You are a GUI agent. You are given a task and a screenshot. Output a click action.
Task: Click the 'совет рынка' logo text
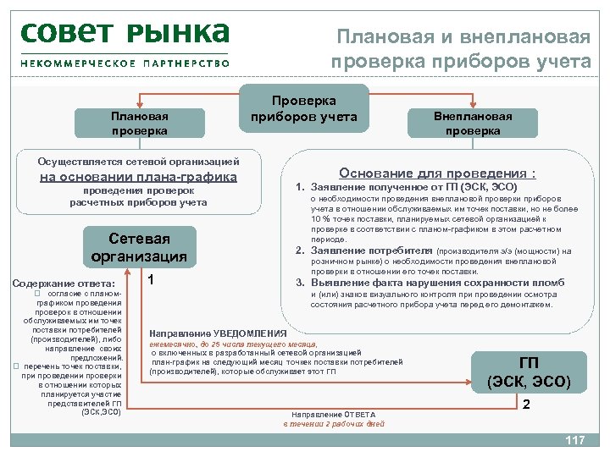(124, 33)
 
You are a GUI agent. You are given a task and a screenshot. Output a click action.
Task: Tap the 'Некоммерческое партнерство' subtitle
(125, 63)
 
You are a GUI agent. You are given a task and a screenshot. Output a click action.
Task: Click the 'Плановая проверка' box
(140, 123)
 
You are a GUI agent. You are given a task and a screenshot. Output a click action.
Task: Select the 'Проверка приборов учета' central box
(303, 109)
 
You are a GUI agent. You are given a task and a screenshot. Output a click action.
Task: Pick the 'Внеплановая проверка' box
(473, 123)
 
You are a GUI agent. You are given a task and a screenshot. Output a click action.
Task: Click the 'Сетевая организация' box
(140, 246)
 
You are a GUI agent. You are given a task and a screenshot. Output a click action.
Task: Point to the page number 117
(575, 440)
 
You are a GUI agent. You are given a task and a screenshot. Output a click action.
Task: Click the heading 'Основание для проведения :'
(437, 169)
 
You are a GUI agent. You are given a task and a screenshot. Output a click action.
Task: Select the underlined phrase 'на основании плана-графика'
(139, 177)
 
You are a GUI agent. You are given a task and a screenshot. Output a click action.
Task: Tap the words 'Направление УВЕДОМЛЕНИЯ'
(218, 333)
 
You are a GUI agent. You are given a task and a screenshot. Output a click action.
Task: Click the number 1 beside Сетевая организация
(151, 280)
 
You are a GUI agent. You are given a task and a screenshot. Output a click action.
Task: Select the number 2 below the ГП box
(526, 405)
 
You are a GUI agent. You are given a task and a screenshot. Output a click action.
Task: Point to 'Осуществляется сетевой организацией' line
(139, 161)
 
